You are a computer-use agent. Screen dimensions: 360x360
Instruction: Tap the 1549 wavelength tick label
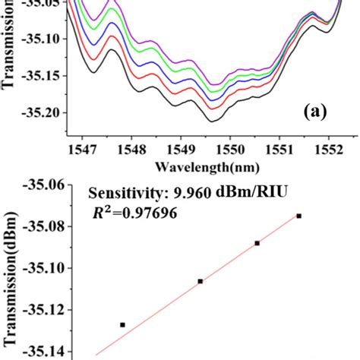[x=181, y=151]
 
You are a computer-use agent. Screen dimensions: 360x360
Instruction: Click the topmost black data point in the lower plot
[x=299, y=216]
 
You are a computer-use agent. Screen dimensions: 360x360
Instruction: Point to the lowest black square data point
[x=122, y=324]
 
